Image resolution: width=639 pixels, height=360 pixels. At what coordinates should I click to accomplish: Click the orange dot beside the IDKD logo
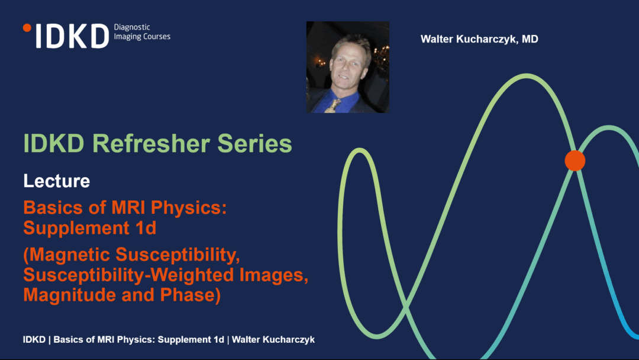pyautogui.click(x=27, y=28)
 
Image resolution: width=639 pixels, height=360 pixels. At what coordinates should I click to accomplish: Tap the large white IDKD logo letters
pyautogui.click(x=73, y=36)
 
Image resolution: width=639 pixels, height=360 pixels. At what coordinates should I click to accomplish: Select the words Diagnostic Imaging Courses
pyautogui.click(x=142, y=32)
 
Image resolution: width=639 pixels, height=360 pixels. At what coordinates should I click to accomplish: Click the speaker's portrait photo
pyautogui.click(x=348, y=67)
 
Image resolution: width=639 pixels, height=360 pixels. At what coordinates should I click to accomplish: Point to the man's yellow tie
pyautogui.click(x=333, y=105)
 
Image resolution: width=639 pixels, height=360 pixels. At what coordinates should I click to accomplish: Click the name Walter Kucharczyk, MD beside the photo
pyautogui.click(x=479, y=39)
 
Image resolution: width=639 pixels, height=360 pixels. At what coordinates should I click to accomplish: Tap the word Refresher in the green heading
pyautogui.click(x=150, y=143)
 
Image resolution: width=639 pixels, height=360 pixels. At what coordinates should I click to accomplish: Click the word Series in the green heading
pyautogui.click(x=254, y=143)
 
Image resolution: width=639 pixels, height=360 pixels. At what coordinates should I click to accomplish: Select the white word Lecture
pyautogui.click(x=57, y=181)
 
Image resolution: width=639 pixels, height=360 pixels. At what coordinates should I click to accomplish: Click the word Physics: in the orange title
pyautogui.click(x=189, y=208)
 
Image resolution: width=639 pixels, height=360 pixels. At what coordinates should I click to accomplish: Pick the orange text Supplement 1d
pyautogui.click(x=90, y=227)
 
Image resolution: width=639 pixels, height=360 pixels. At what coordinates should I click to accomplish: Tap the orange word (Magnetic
pyautogui.click(x=67, y=255)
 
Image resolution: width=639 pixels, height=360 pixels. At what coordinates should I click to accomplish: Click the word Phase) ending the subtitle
pyautogui.click(x=191, y=295)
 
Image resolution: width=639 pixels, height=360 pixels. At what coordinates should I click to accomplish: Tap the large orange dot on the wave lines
pyautogui.click(x=575, y=160)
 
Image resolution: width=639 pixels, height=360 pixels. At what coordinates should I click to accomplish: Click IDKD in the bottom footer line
pyautogui.click(x=34, y=340)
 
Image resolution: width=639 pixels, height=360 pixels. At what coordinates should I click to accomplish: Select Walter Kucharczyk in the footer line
pyautogui.click(x=273, y=340)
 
